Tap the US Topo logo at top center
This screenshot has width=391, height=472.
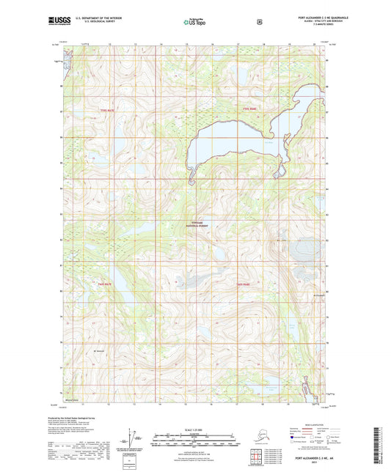pyautogui.click(x=194, y=23)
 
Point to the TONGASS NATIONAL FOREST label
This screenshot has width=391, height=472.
pyautogui.click(x=199, y=225)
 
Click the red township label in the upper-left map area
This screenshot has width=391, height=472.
pyautogui.click(x=107, y=111)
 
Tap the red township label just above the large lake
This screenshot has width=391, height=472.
pyautogui.click(x=249, y=110)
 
